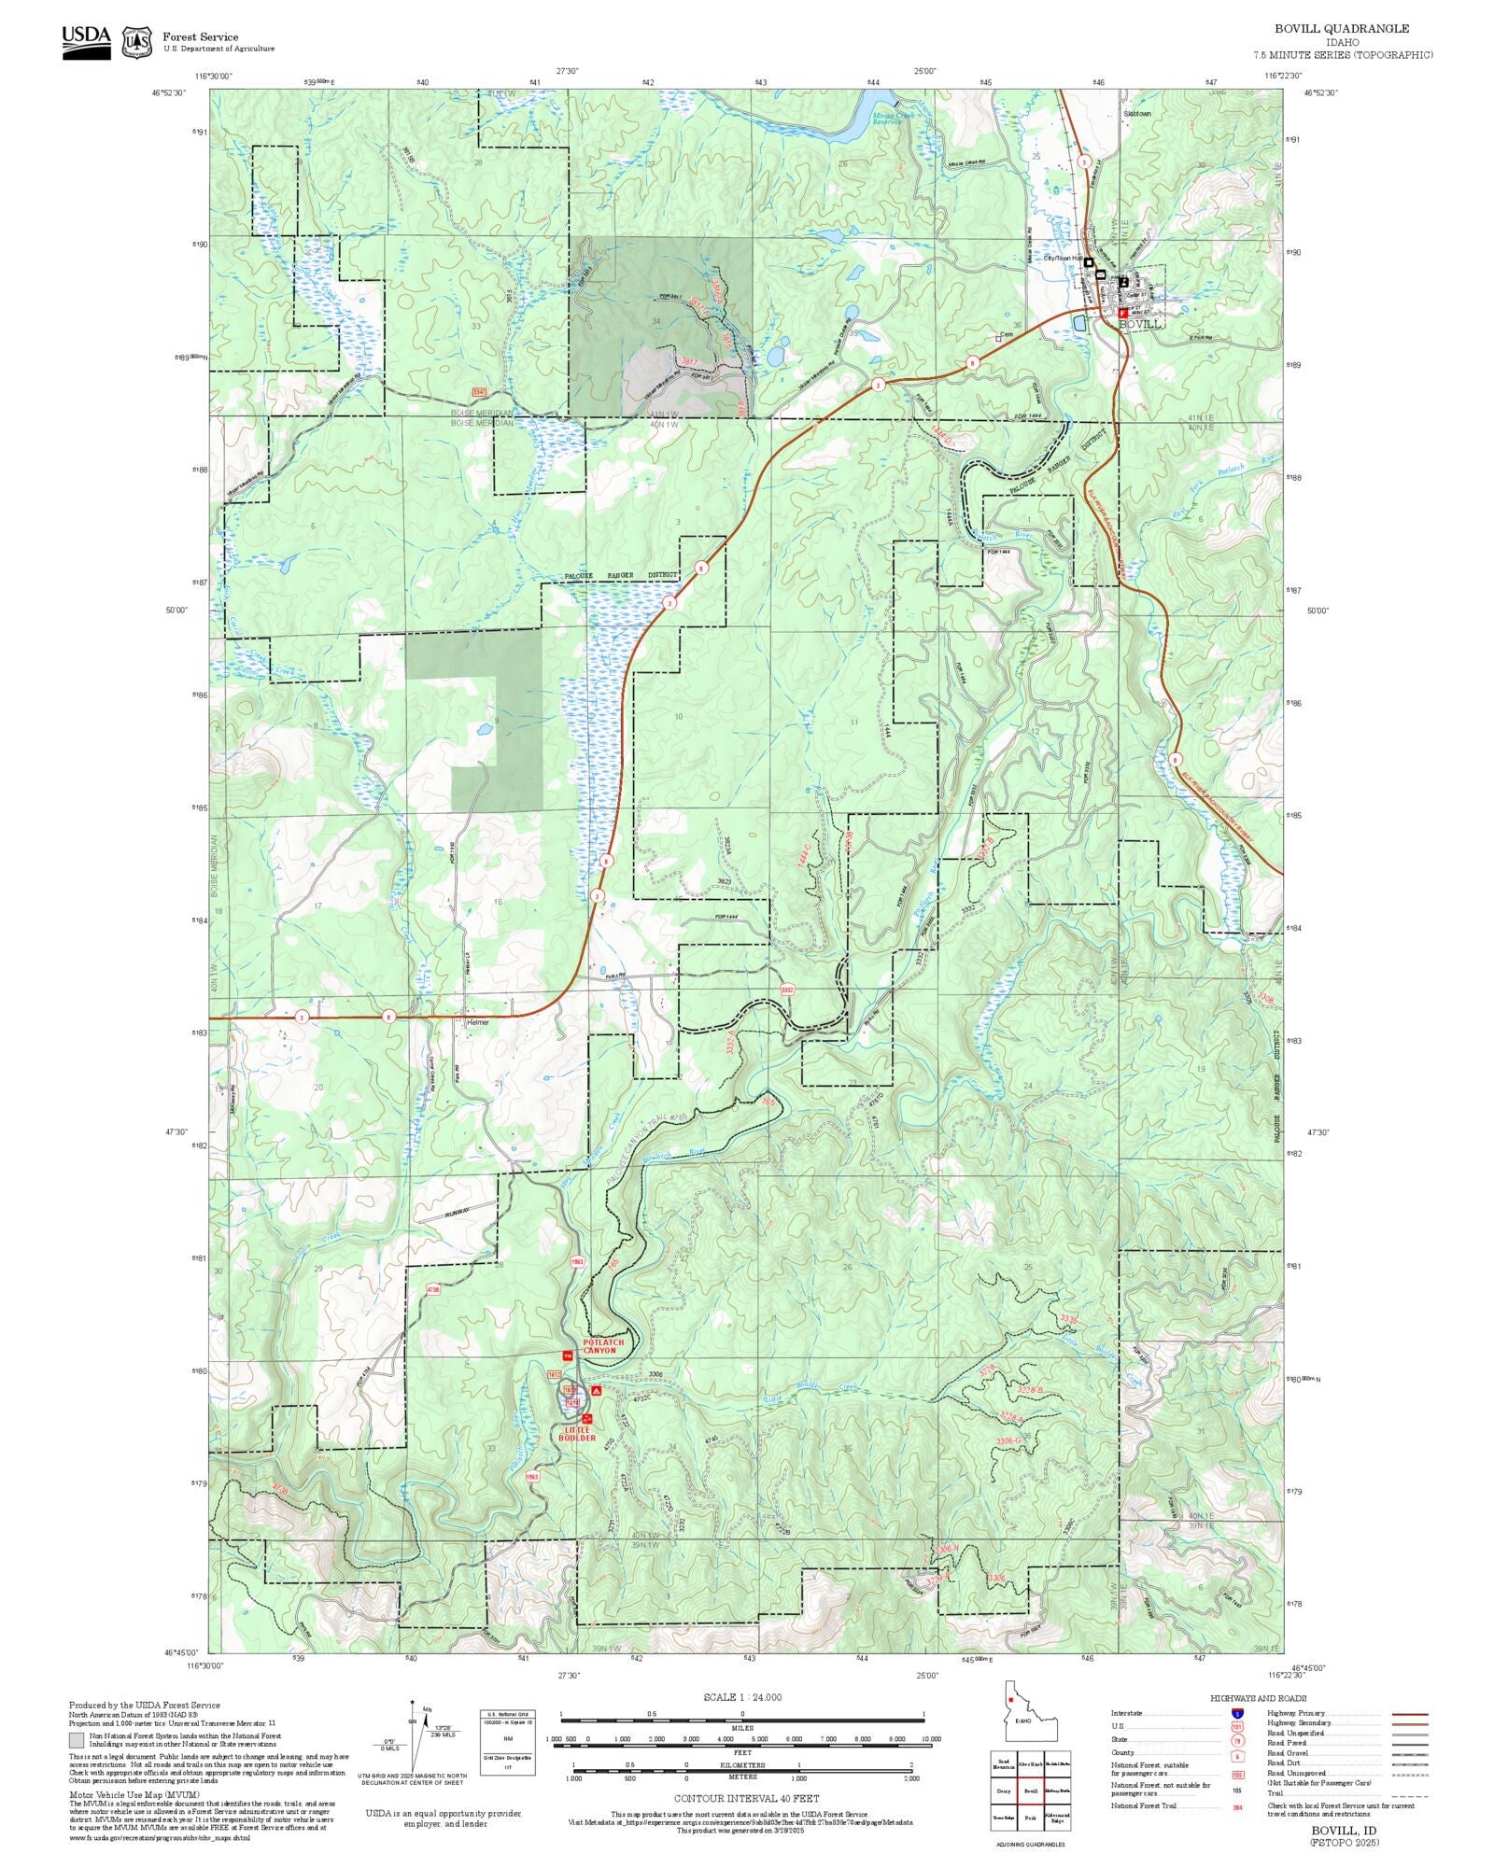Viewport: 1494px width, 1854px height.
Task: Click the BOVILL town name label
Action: click(1140, 324)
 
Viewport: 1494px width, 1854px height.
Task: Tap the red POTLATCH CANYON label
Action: click(603, 1346)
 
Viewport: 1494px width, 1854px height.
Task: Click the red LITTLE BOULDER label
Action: click(577, 1434)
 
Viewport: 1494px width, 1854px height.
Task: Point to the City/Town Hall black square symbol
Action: click(1089, 262)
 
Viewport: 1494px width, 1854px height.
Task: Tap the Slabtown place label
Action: click(1137, 114)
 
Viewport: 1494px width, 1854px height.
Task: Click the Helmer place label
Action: click(477, 1022)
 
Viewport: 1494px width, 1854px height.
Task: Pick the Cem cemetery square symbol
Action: click(998, 339)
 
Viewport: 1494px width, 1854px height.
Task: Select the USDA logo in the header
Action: click(86, 42)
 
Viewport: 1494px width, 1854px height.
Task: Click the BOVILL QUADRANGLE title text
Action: click(1342, 29)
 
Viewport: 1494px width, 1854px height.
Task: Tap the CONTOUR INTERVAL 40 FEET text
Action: click(746, 1797)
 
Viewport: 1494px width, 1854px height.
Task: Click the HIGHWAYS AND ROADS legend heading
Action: click(1258, 1698)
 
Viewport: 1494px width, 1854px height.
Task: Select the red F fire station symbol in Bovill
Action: click(1121, 314)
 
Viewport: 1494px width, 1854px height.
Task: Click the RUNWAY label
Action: click(458, 1212)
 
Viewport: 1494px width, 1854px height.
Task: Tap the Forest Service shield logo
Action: click(137, 42)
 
